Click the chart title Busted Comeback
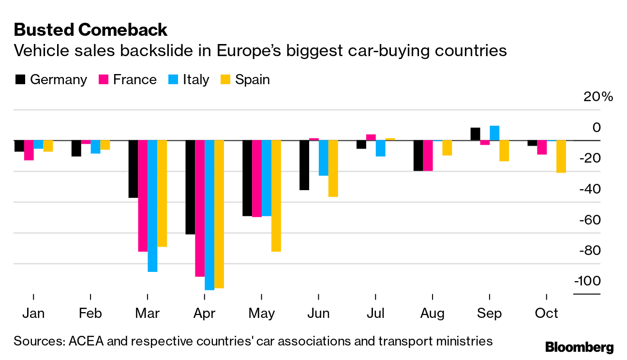point(90,30)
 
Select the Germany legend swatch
point(20,80)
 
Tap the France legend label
point(134,80)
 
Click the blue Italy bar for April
point(209,215)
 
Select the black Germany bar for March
point(133,169)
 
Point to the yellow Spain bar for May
point(276,195)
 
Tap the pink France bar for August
point(428,155)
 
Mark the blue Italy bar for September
point(494,133)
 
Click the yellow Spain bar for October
point(561,156)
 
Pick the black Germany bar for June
point(304,165)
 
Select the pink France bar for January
point(29,150)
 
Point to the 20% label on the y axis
point(598,97)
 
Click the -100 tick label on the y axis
point(587,281)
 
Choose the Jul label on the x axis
point(375,314)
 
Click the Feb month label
point(90,314)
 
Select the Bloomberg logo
point(579,347)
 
